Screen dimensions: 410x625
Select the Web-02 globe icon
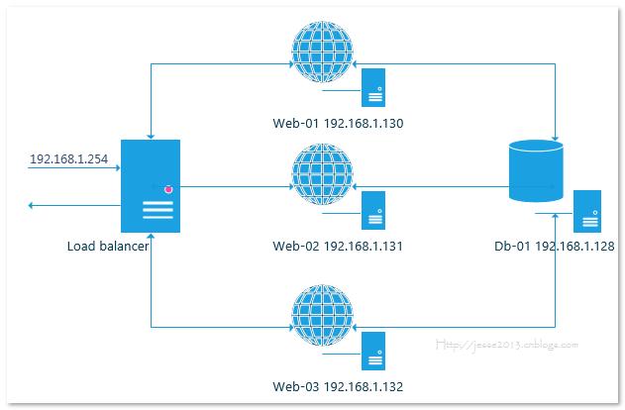(323, 174)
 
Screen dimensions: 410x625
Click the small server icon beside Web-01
(373, 87)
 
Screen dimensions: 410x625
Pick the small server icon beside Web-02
(373, 210)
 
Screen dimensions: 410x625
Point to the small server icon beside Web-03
(373, 352)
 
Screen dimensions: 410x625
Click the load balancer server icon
(151, 185)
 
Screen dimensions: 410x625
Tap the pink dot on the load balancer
(168, 188)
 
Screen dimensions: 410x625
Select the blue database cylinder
(535, 171)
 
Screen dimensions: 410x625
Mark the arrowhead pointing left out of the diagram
(34, 205)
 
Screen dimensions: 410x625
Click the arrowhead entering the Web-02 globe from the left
(288, 185)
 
